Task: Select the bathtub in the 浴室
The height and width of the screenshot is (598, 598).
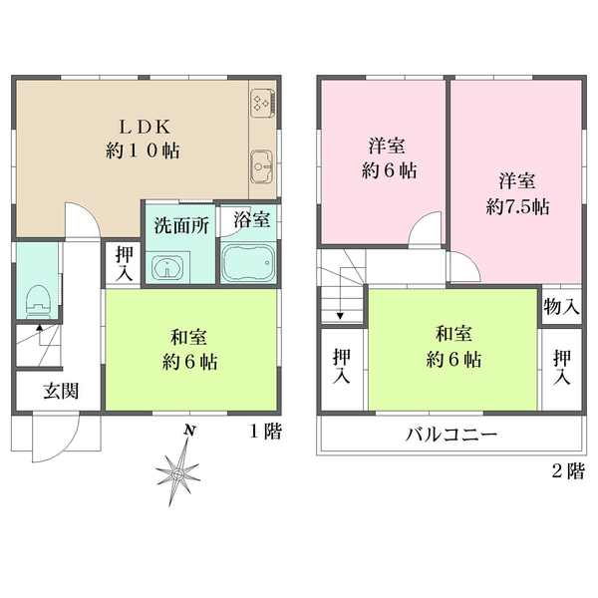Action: pos(248,263)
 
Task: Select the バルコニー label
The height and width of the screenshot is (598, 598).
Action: pos(450,436)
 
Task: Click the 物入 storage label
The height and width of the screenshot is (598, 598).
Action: pos(561,306)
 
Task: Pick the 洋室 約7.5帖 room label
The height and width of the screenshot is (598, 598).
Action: pos(517,194)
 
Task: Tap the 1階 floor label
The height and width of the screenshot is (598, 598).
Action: pos(265,432)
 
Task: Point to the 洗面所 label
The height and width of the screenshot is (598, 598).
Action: pos(180,224)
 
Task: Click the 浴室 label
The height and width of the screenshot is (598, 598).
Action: pos(248,218)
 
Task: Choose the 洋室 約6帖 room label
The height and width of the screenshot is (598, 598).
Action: pos(388,157)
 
